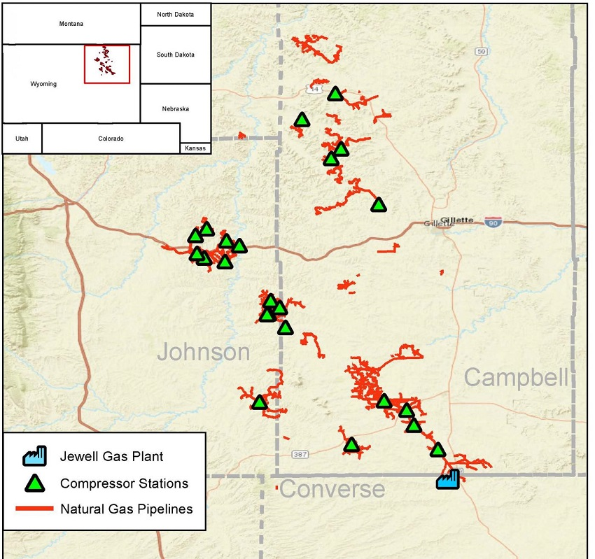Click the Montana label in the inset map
click(x=71, y=24)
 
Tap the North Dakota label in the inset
click(x=175, y=14)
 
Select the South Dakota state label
click(x=175, y=55)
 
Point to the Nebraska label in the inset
click(x=175, y=109)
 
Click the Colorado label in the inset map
click(x=111, y=139)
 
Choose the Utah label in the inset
click(x=22, y=139)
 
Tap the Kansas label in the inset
click(x=195, y=148)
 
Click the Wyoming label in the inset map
click(x=43, y=84)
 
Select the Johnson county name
click(x=203, y=352)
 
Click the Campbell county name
click(x=516, y=378)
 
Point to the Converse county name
click(x=332, y=489)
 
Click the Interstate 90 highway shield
click(x=493, y=221)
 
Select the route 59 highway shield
click(x=480, y=51)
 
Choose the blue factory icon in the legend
click(x=34, y=456)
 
